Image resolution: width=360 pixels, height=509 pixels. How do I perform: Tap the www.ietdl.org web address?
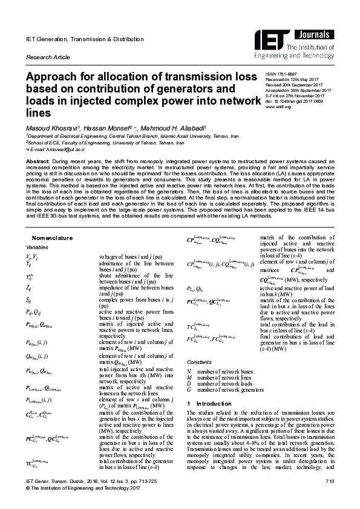click(278, 108)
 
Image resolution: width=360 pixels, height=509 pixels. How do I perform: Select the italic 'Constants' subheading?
click(200, 363)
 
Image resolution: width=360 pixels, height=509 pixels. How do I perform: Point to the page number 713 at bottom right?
click(329, 481)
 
